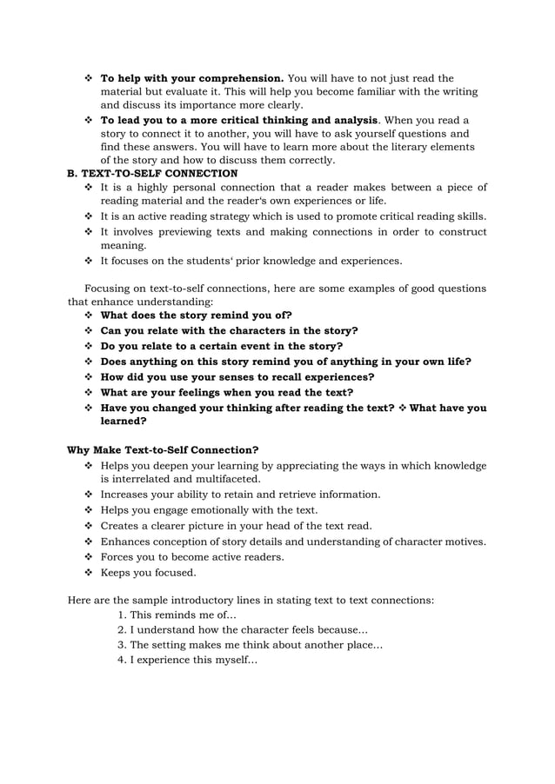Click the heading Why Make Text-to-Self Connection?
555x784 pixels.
click(163, 450)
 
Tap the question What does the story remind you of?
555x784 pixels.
click(196, 316)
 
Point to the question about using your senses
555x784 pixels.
click(237, 377)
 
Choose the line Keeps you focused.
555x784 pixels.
click(149, 573)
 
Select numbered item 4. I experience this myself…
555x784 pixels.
click(187, 660)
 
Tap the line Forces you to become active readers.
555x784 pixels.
click(192, 557)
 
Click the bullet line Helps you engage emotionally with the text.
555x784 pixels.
click(209, 510)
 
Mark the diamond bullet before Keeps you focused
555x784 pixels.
click(88, 573)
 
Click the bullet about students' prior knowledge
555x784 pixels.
click(251, 261)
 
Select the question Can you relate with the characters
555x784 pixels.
click(229, 331)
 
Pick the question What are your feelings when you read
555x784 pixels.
click(227, 393)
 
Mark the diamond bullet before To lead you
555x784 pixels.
click(88, 120)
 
